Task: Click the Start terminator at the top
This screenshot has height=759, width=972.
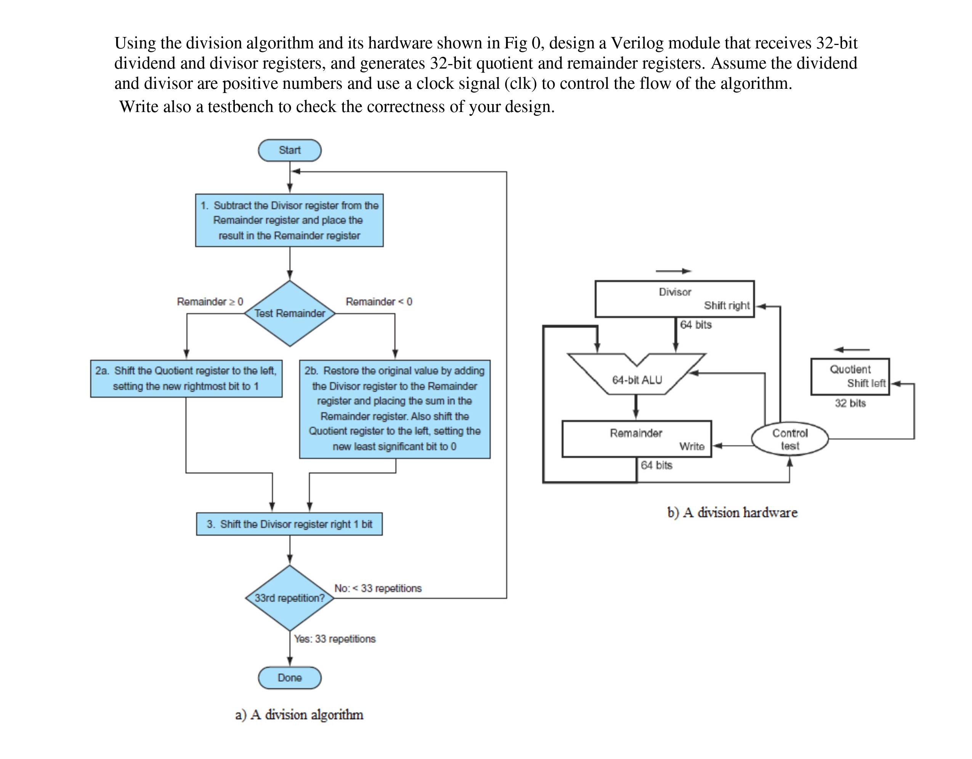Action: pyautogui.click(x=289, y=151)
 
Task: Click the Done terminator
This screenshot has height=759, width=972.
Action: pyautogui.click(x=289, y=677)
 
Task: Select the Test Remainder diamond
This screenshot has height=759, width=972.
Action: pyautogui.click(x=290, y=313)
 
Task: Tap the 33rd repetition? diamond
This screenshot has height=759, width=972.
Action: pyautogui.click(x=290, y=598)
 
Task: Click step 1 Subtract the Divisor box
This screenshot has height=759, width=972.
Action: pyautogui.click(x=289, y=220)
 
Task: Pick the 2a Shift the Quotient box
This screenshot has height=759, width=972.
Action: pyautogui.click(x=186, y=379)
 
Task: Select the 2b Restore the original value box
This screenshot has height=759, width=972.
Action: pyautogui.click(x=395, y=409)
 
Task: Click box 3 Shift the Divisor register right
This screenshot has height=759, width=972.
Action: pyautogui.click(x=289, y=524)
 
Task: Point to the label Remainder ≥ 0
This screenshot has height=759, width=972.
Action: pyautogui.click(x=210, y=302)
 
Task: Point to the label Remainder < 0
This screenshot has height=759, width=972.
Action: pyautogui.click(x=379, y=302)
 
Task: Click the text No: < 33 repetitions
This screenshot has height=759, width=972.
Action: pyautogui.click(x=378, y=588)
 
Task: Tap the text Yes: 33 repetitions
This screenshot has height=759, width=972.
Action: pyautogui.click(x=335, y=639)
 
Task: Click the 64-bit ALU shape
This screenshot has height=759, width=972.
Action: pyautogui.click(x=637, y=379)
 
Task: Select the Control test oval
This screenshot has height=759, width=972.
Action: pyautogui.click(x=789, y=439)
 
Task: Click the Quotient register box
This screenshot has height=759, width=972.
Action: pyautogui.click(x=850, y=376)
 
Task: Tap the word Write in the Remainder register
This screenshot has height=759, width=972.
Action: pyautogui.click(x=691, y=447)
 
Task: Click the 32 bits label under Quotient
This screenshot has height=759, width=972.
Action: pyautogui.click(x=850, y=404)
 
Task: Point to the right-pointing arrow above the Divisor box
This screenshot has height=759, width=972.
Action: pyautogui.click(x=673, y=271)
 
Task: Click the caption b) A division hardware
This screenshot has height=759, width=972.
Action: pyautogui.click(x=732, y=512)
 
